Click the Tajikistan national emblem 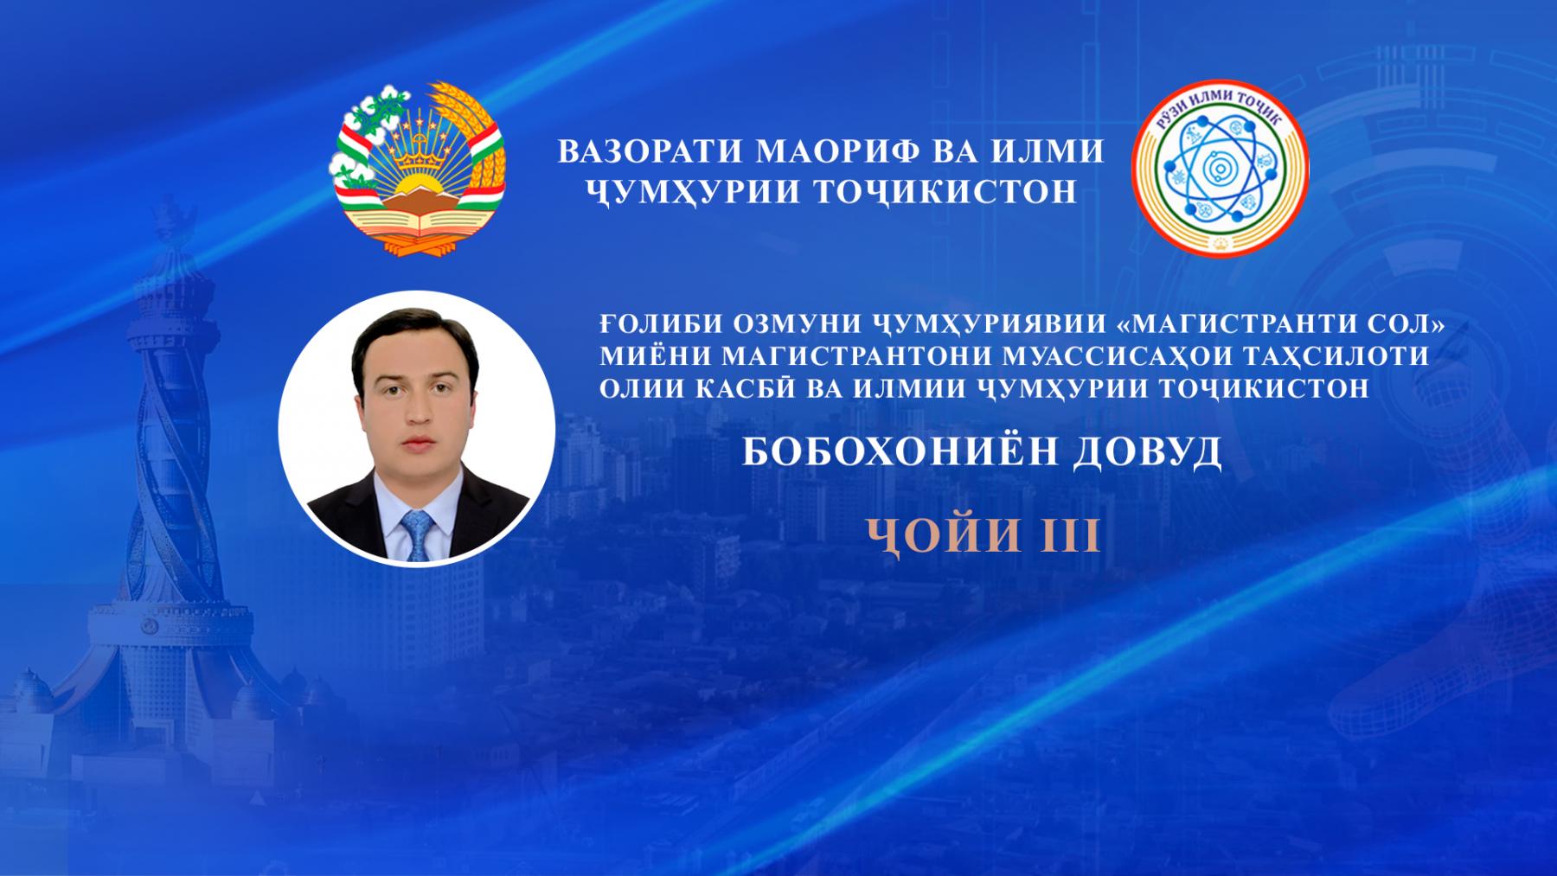pyautogui.click(x=417, y=168)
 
